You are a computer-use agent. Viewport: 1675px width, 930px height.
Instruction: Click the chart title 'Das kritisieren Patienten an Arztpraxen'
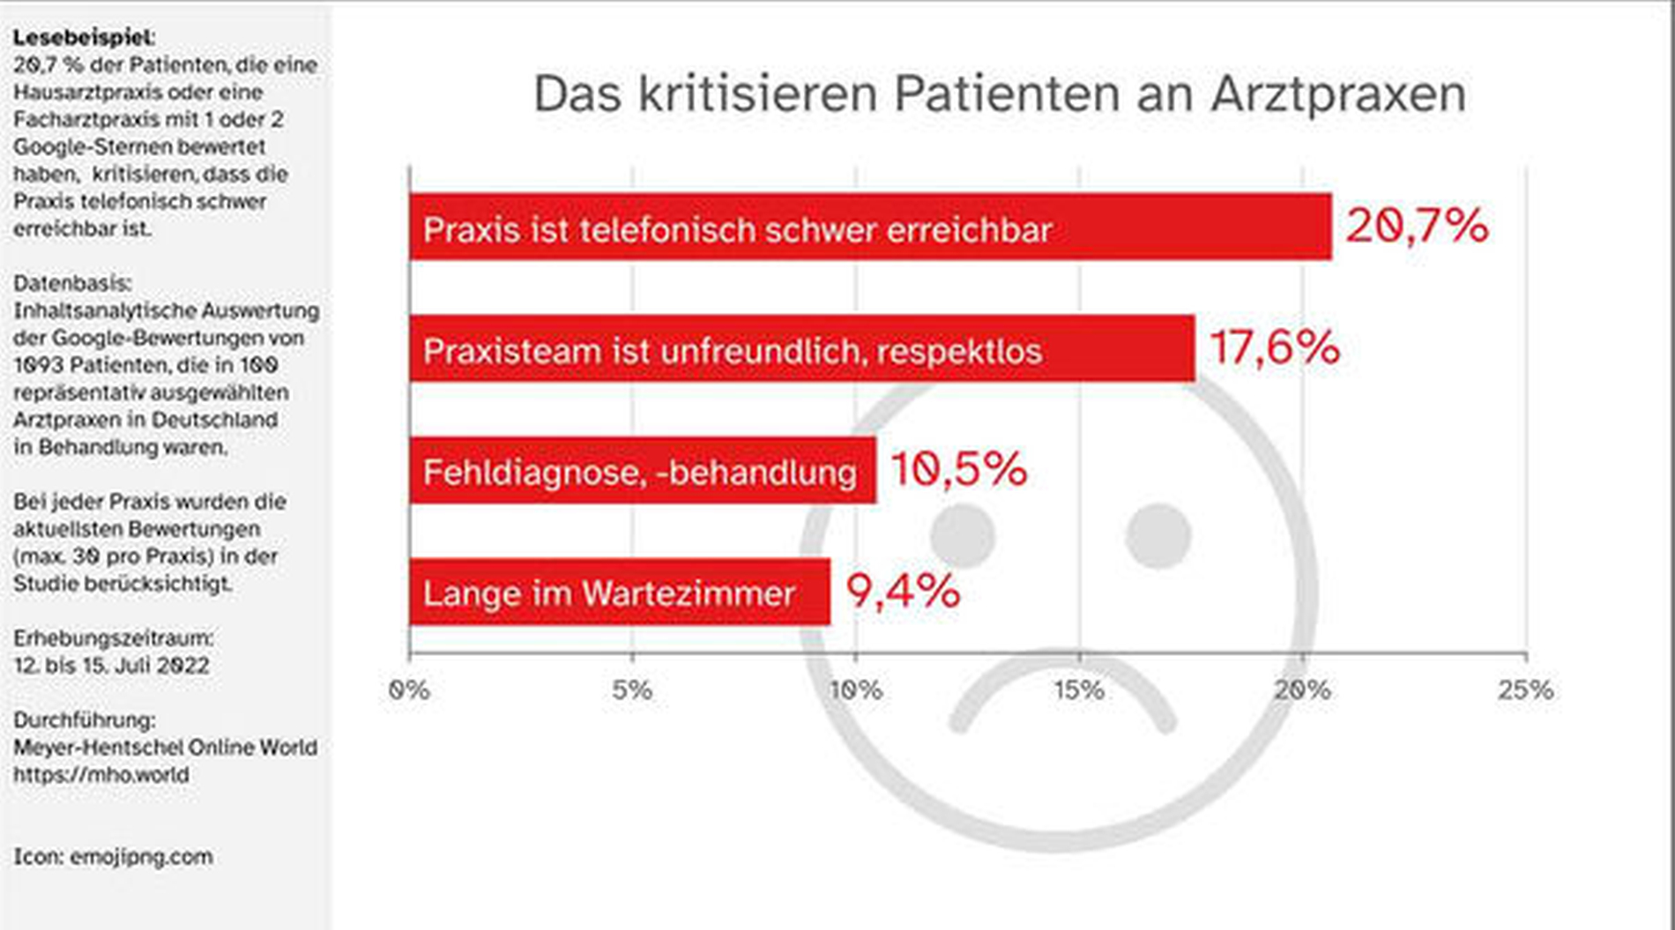point(999,94)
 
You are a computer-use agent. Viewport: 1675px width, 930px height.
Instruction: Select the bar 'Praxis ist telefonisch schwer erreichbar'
point(870,227)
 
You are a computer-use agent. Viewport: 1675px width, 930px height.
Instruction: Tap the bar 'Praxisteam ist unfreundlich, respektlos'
point(801,349)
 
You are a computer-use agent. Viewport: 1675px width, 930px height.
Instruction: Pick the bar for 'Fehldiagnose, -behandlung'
point(643,471)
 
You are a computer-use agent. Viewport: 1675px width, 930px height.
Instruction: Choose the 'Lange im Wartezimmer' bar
point(619,592)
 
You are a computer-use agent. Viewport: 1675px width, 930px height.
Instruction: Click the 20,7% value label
point(1416,226)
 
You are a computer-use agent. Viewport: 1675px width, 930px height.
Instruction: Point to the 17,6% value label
point(1274,347)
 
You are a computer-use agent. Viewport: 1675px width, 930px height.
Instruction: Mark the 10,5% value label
point(958,469)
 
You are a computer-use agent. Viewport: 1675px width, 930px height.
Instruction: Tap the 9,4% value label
point(903,591)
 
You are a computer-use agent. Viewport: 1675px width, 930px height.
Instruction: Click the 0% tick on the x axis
point(409,689)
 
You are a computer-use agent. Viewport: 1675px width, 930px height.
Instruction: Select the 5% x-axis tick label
point(632,689)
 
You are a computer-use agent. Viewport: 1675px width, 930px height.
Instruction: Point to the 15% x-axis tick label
point(1079,689)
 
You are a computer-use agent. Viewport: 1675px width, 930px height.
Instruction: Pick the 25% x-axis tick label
point(1525,689)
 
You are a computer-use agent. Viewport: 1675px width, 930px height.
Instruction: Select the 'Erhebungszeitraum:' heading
point(113,637)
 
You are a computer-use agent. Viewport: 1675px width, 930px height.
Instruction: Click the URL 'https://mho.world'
point(100,775)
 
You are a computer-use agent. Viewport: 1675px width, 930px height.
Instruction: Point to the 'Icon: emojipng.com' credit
point(113,857)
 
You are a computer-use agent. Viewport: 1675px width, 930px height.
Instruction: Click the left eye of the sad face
point(963,536)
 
